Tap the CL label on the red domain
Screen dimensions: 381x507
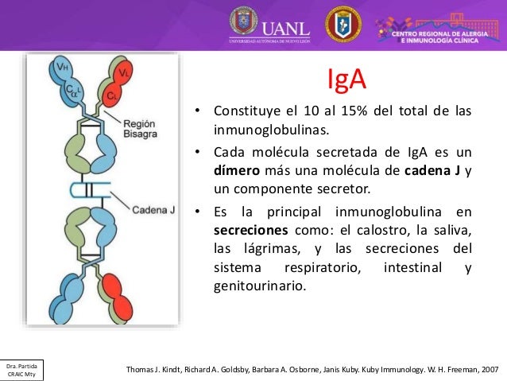coord(114,95)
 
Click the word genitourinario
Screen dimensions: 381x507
coord(259,284)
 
